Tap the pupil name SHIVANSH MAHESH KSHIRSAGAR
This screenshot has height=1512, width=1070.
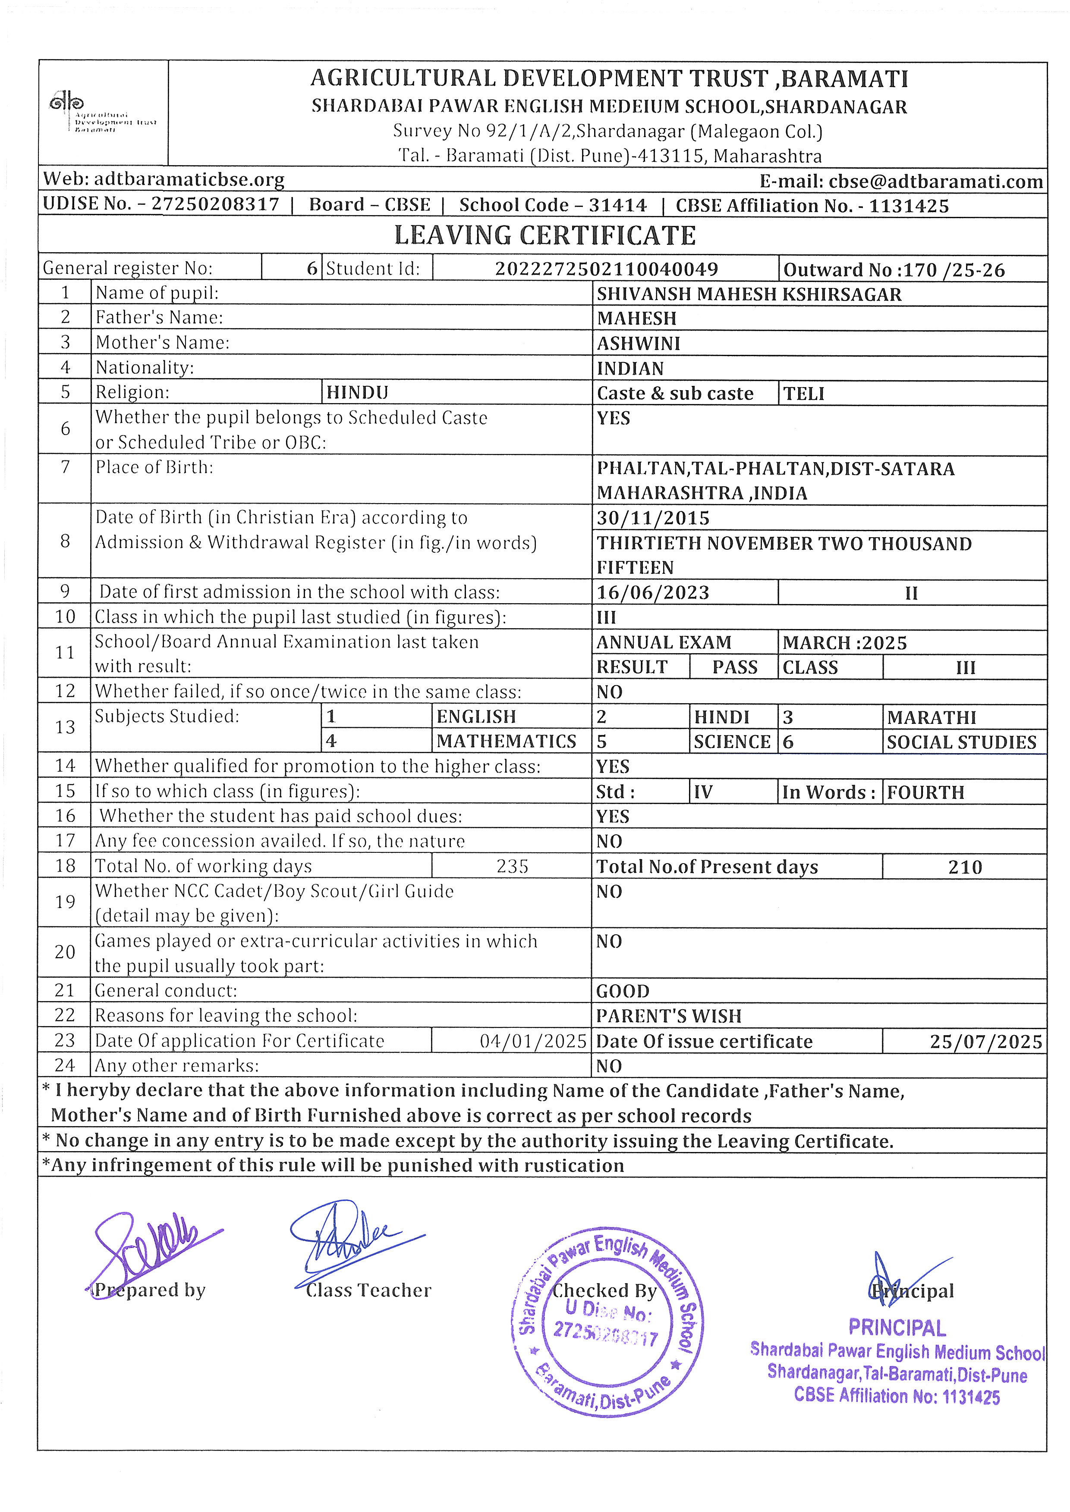[749, 294]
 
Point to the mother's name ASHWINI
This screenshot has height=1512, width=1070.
[629, 344]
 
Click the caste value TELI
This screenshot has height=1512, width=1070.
[804, 394]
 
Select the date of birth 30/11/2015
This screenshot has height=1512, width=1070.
[653, 518]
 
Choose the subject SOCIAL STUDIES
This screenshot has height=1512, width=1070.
[961, 742]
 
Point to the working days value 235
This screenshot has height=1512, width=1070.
[512, 867]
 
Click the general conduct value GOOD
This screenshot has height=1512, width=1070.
[623, 991]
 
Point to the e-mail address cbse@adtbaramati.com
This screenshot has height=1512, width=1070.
[935, 181]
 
